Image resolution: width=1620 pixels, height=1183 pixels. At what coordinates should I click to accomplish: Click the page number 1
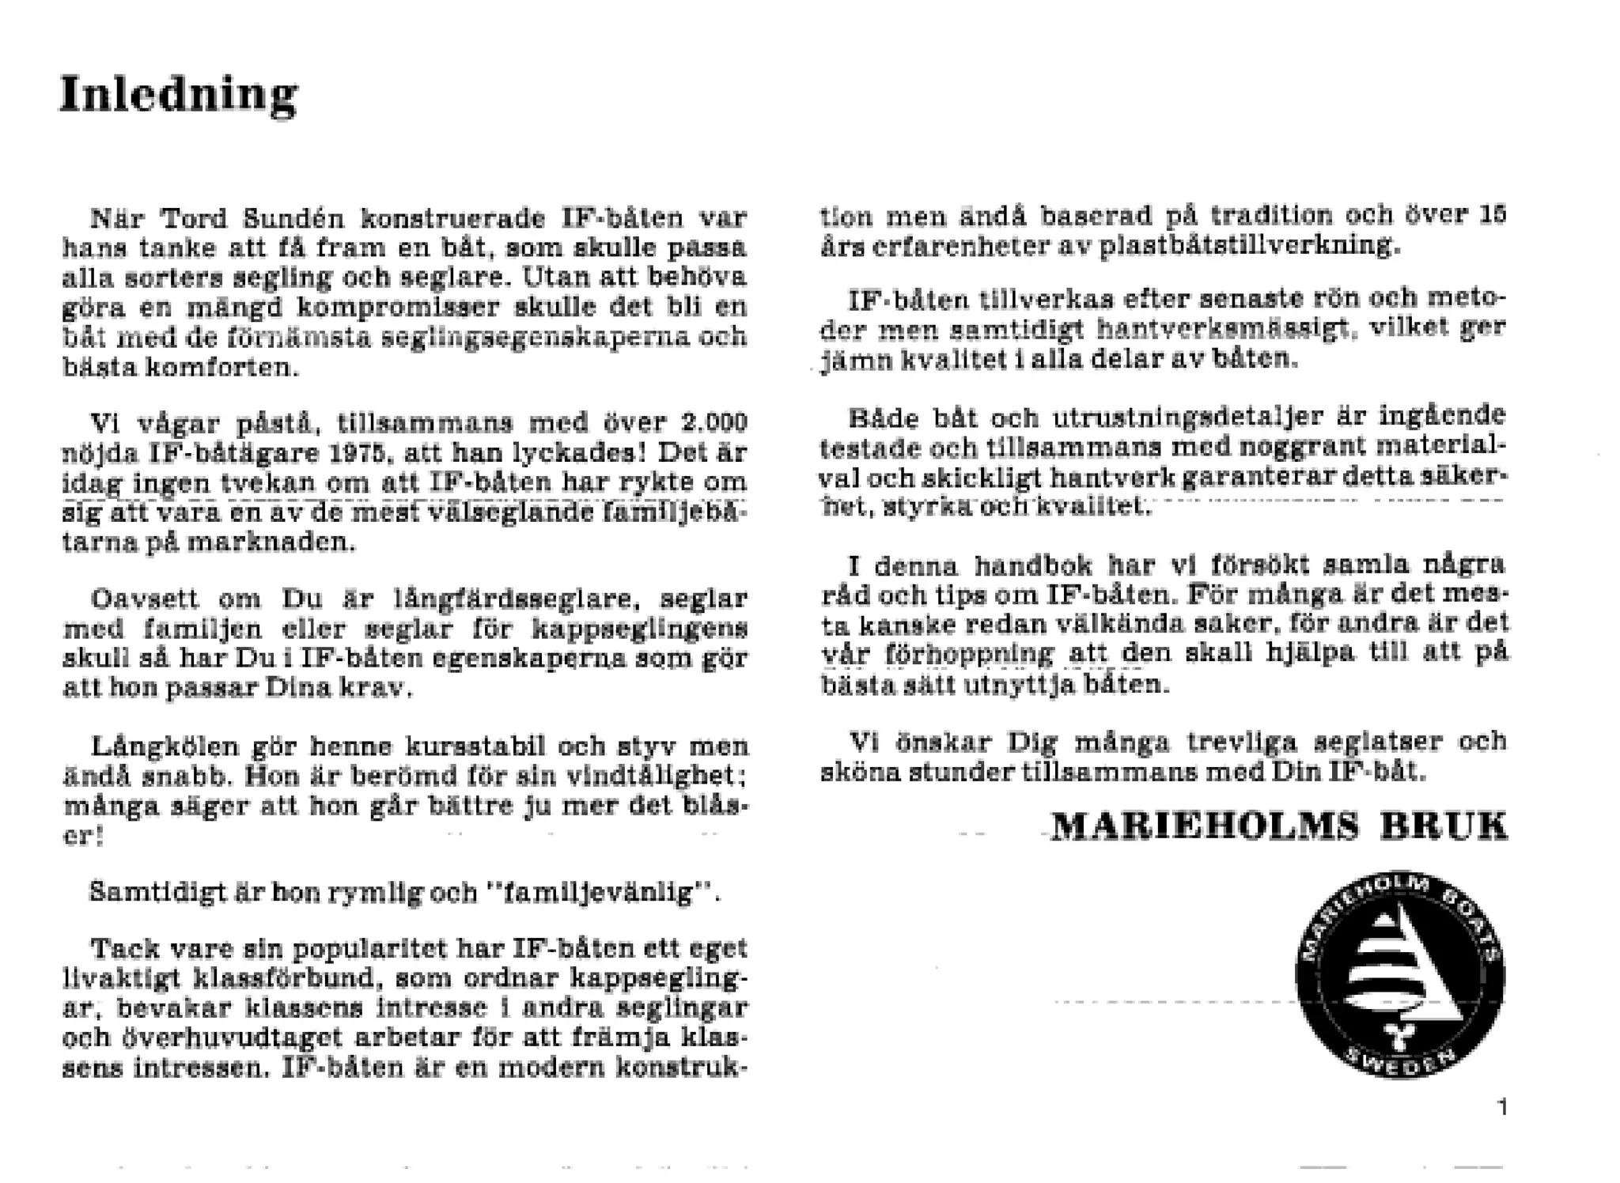[x=1502, y=1107]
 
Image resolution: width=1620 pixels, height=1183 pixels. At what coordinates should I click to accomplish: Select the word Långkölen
[x=165, y=746]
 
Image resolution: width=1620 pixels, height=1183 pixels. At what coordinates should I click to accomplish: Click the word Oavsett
[x=145, y=599]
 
